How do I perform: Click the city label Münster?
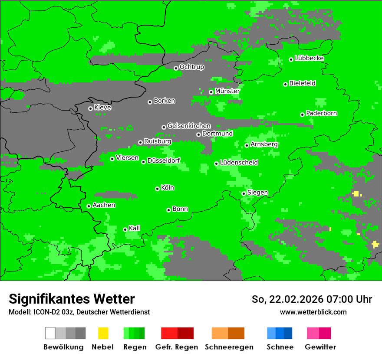(227, 91)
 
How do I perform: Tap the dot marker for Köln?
(157, 189)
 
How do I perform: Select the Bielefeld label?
(302, 83)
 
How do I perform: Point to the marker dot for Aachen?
(89, 206)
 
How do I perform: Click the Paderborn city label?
(321, 113)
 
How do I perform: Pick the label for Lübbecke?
(309, 58)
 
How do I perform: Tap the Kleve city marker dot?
(90, 108)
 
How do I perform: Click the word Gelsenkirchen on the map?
(189, 126)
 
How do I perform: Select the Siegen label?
(257, 193)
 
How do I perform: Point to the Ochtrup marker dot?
(176, 68)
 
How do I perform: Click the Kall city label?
(134, 228)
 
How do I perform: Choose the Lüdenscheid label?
(239, 163)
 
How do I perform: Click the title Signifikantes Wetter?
(72, 299)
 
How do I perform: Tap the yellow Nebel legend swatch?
(103, 333)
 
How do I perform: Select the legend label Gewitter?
(320, 347)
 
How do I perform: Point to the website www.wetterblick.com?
(313, 312)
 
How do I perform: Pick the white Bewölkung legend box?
(50, 333)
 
